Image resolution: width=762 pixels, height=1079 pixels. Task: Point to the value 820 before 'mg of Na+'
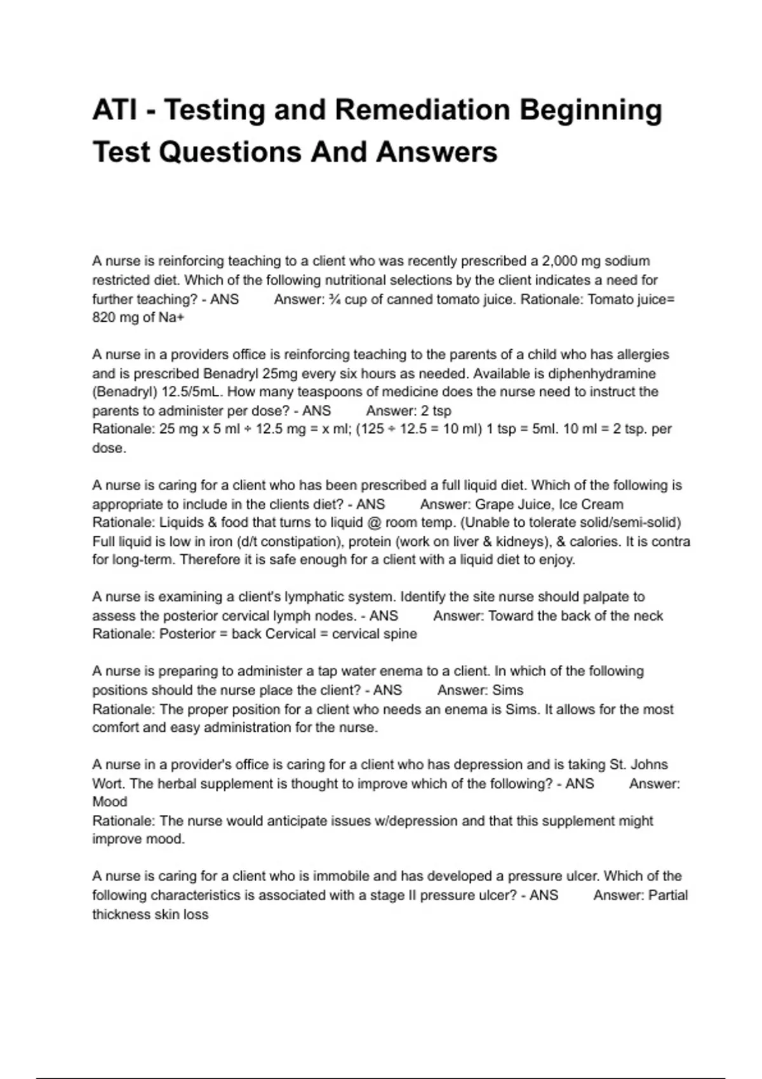click(104, 317)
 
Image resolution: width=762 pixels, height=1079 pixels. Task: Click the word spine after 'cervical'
click(400, 634)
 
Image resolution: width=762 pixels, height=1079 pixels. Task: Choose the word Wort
click(109, 783)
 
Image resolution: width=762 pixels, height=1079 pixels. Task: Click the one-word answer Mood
click(110, 802)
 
